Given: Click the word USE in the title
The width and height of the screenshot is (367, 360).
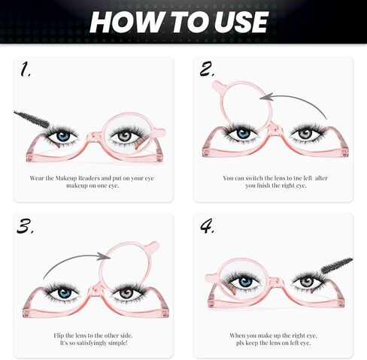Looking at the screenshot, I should point(238,22).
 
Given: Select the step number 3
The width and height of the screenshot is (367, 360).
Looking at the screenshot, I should point(26,225).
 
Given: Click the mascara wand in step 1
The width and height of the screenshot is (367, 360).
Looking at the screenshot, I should point(30,118).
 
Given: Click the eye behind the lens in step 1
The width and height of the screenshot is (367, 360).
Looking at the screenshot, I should point(124,136).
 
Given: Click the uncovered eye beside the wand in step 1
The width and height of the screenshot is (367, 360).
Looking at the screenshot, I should point(63,136).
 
